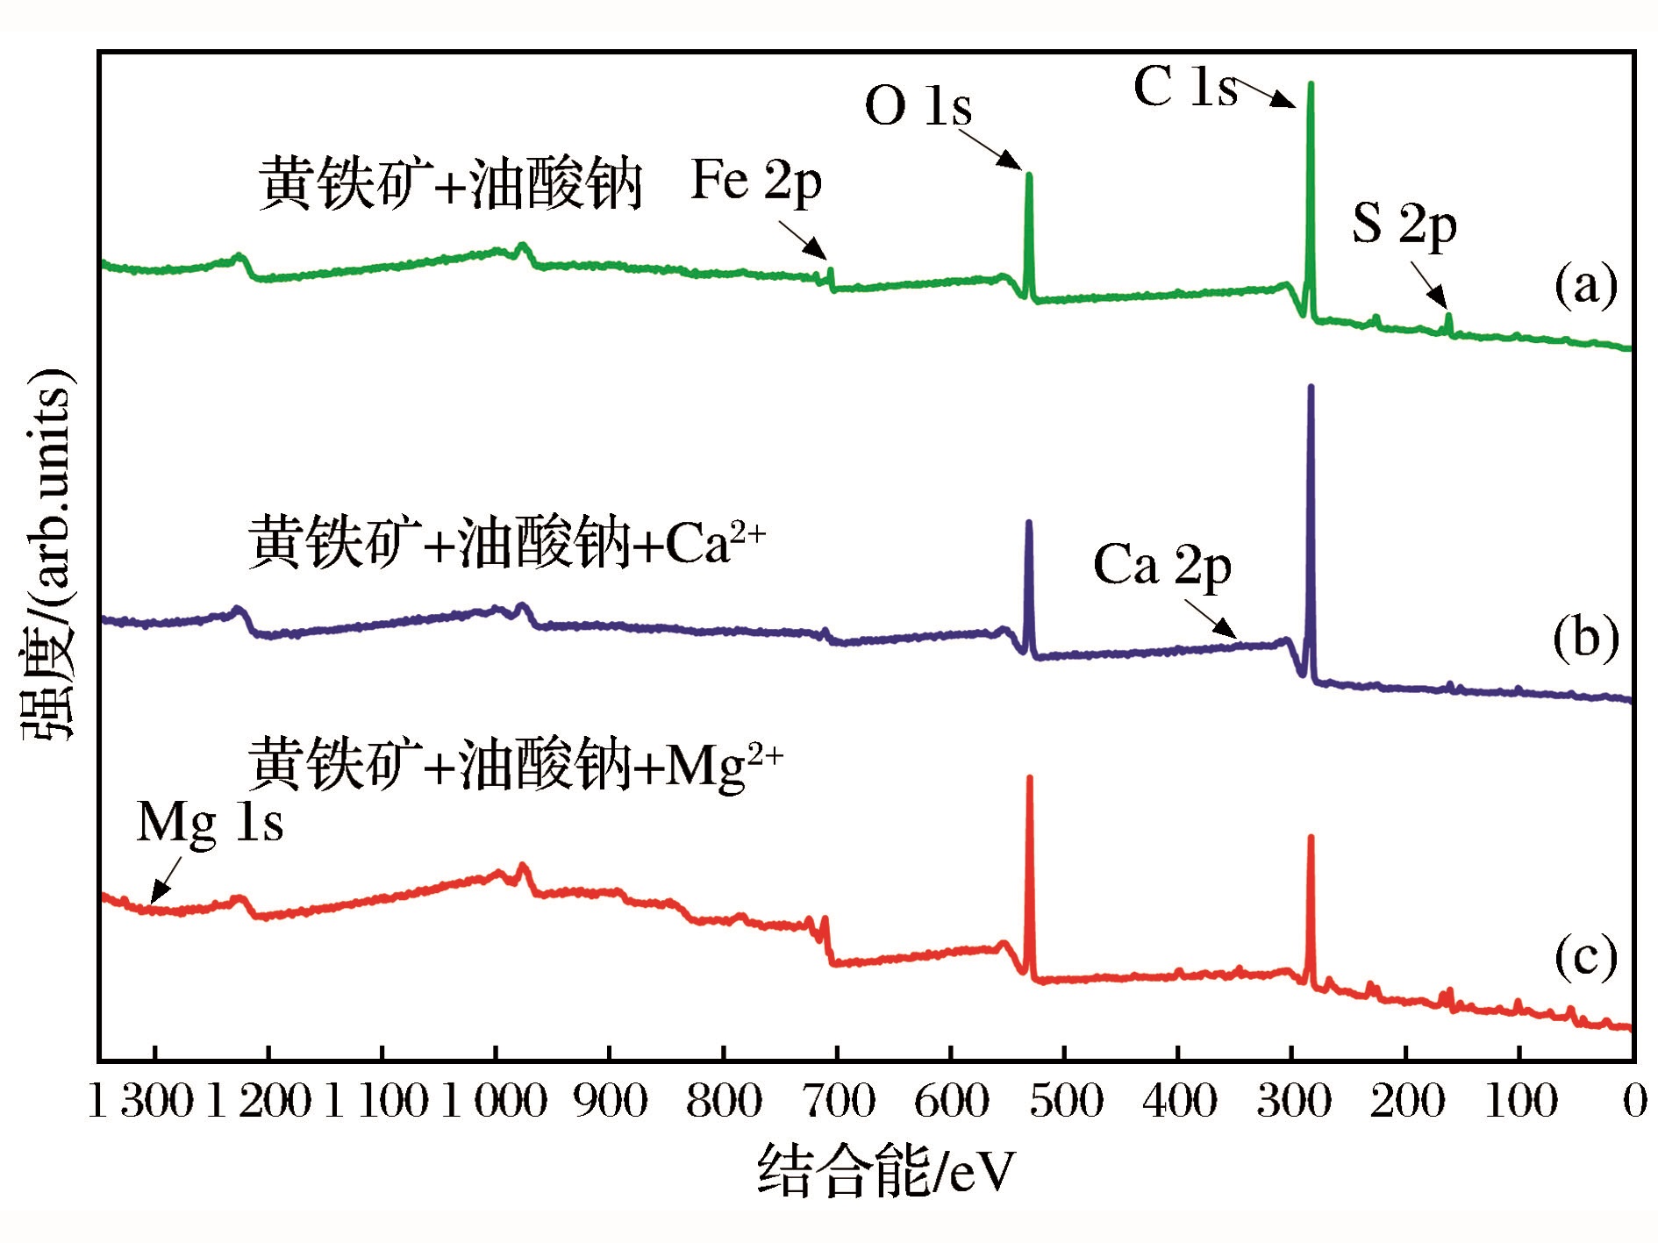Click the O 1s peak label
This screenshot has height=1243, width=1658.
click(918, 106)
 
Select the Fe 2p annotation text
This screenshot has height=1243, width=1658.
click(756, 182)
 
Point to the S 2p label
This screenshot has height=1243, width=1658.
click(1404, 224)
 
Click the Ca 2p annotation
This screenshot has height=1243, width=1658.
click(1161, 565)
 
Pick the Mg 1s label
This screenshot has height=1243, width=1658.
click(211, 824)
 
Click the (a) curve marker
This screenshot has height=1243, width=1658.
click(1585, 285)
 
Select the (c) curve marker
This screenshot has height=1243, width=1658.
click(1585, 956)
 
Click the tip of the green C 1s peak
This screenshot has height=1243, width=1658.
click(1311, 84)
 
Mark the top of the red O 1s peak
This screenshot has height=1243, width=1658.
click(1029, 778)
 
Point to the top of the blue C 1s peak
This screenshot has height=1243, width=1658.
click(1311, 387)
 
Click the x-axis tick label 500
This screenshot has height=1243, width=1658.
click(1065, 1101)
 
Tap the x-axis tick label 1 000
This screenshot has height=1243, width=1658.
click(494, 1101)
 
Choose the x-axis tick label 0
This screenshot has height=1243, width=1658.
click(1634, 1101)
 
